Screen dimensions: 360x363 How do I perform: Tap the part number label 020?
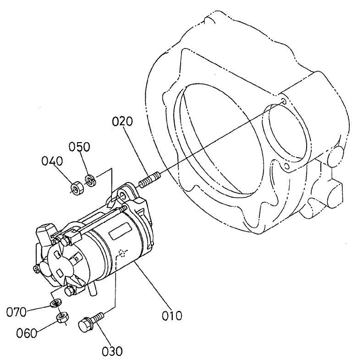coord(122,122)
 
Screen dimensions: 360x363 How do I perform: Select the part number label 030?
coord(112,352)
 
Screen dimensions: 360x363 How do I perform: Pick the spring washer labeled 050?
coord(91,180)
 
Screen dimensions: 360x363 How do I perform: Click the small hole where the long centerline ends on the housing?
coord(285,101)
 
